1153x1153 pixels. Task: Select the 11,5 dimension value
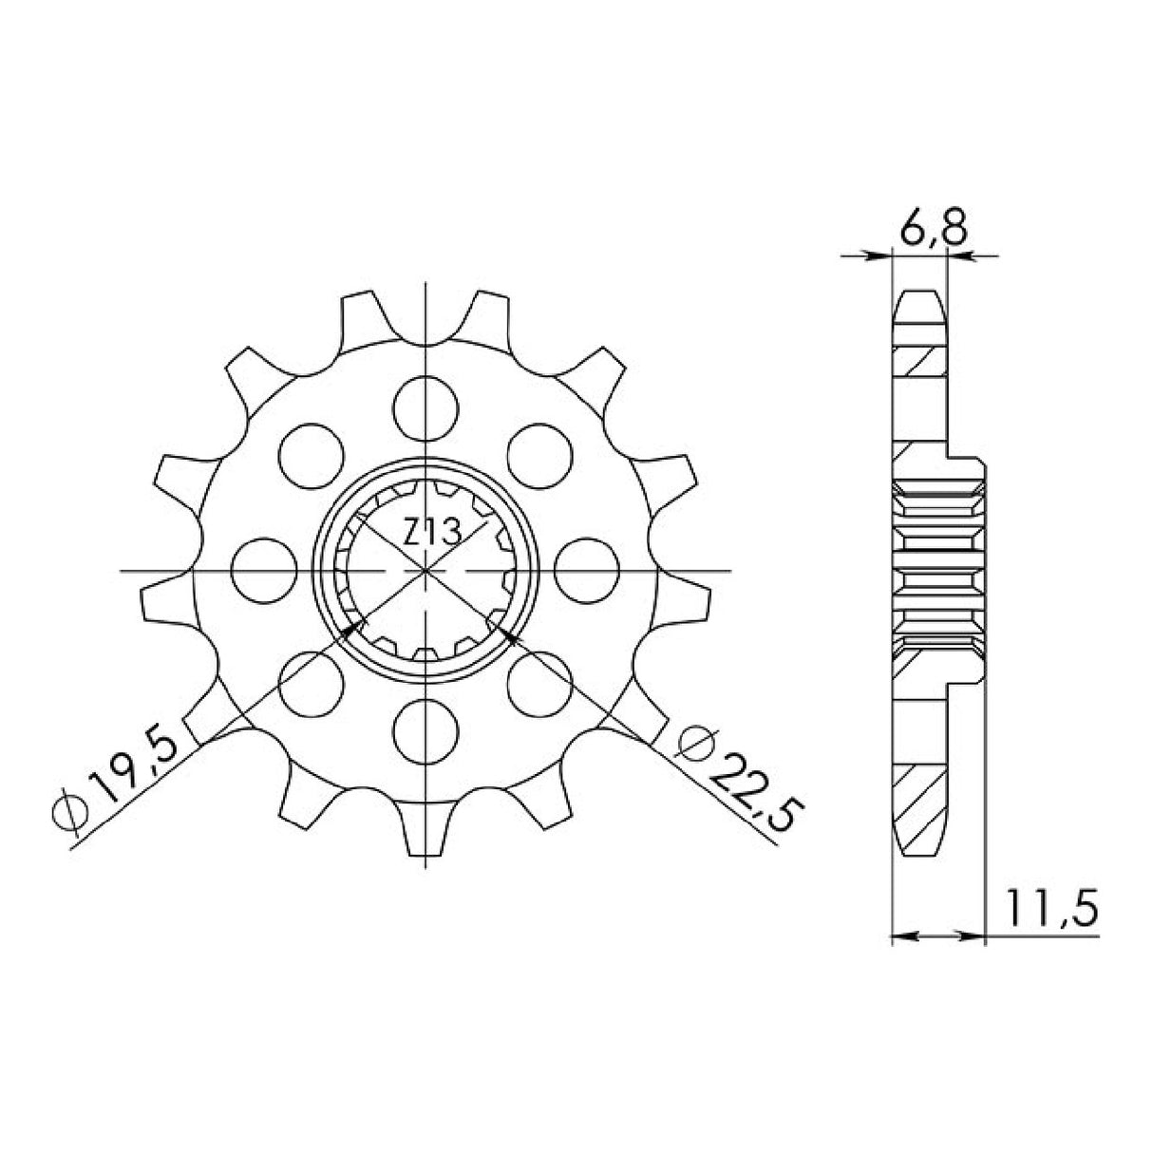tap(1046, 909)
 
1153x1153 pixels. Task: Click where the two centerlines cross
tap(426, 571)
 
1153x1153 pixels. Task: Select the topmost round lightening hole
tap(426, 406)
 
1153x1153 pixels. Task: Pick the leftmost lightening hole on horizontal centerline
tap(261, 571)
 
